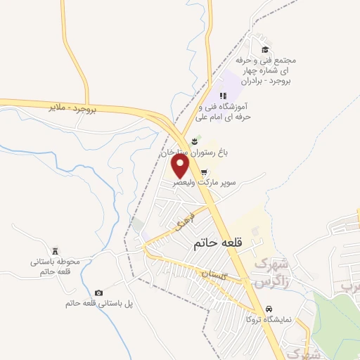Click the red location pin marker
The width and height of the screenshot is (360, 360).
click(181, 166)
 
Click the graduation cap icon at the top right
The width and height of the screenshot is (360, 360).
click(265, 49)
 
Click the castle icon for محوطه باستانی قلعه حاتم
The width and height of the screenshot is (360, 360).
click(56, 251)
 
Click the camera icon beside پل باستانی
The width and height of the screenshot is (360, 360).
click(98, 292)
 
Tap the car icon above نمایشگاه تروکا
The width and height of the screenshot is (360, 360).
click(269, 309)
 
